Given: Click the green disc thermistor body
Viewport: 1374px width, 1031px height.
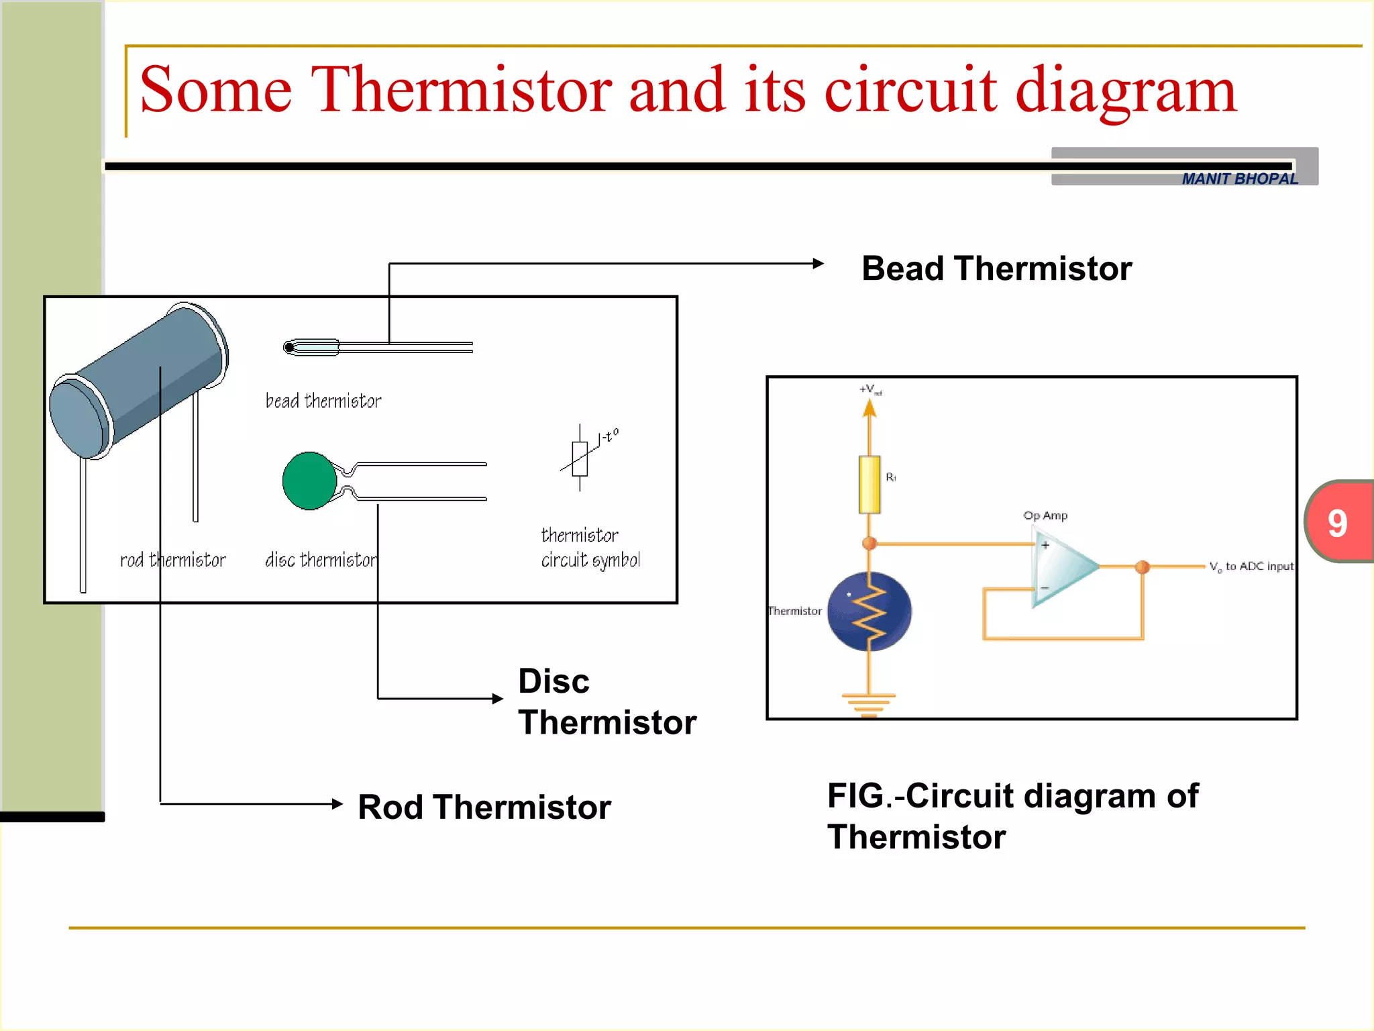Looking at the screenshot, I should [x=309, y=481].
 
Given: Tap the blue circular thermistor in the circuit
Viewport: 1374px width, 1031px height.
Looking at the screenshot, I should [x=869, y=611].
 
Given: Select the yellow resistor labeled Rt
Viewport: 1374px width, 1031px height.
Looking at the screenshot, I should [x=869, y=485].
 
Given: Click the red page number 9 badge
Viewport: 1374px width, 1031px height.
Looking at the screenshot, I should [x=1338, y=522].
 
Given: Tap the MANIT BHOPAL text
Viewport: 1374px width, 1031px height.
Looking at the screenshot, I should [x=1239, y=179].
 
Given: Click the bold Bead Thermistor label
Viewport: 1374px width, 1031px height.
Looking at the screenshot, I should [x=996, y=268].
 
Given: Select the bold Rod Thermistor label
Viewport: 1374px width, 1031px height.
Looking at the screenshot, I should [x=484, y=807].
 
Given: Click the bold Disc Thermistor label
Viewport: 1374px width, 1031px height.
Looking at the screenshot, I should [x=606, y=702].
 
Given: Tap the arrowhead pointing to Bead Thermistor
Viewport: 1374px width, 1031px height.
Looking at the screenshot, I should [x=818, y=264].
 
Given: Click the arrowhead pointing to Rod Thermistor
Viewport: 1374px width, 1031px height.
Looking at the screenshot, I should [x=337, y=803].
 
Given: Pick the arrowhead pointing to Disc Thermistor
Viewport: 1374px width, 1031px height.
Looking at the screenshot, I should [x=498, y=699].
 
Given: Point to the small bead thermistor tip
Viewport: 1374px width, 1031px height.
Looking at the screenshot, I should [x=290, y=347].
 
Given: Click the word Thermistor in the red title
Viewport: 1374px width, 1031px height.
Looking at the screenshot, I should [x=462, y=89].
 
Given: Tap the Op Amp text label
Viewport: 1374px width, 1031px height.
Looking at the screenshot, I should [x=1045, y=515].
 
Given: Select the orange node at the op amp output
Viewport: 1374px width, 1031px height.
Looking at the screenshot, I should [x=1142, y=567].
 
